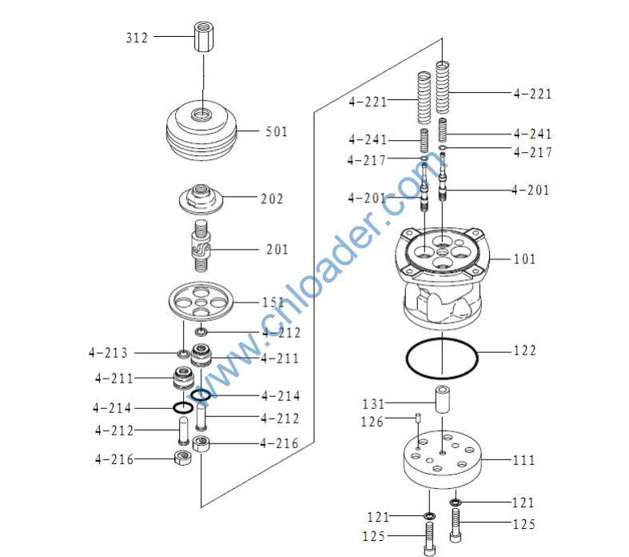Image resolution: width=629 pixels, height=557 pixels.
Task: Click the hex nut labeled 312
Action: tap(204, 37)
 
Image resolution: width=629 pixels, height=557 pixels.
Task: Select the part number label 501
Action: tap(277, 131)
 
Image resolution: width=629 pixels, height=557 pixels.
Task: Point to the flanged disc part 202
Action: tap(201, 198)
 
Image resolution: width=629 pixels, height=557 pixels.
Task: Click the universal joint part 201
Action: tap(201, 246)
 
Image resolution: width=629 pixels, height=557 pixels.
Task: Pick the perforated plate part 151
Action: tap(201, 302)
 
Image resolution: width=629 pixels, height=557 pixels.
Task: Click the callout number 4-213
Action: tap(108, 353)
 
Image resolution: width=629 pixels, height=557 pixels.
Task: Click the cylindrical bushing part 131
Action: tap(443, 399)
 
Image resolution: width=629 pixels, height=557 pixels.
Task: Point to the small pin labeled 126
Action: tap(417, 417)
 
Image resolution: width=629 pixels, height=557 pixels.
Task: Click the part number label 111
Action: tap(524, 460)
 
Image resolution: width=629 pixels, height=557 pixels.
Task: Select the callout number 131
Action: tap(373, 403)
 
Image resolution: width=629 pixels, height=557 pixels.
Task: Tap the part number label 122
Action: tap(525, 351)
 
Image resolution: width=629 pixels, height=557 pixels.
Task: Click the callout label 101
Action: tap(525, 258)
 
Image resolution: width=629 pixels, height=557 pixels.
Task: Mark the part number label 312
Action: tap(137, 38)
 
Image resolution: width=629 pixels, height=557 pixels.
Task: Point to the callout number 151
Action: tap(273, 303)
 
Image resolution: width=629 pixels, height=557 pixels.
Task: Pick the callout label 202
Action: tap(272, 198)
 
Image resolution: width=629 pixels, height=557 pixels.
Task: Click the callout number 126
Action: tap(372, 422)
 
